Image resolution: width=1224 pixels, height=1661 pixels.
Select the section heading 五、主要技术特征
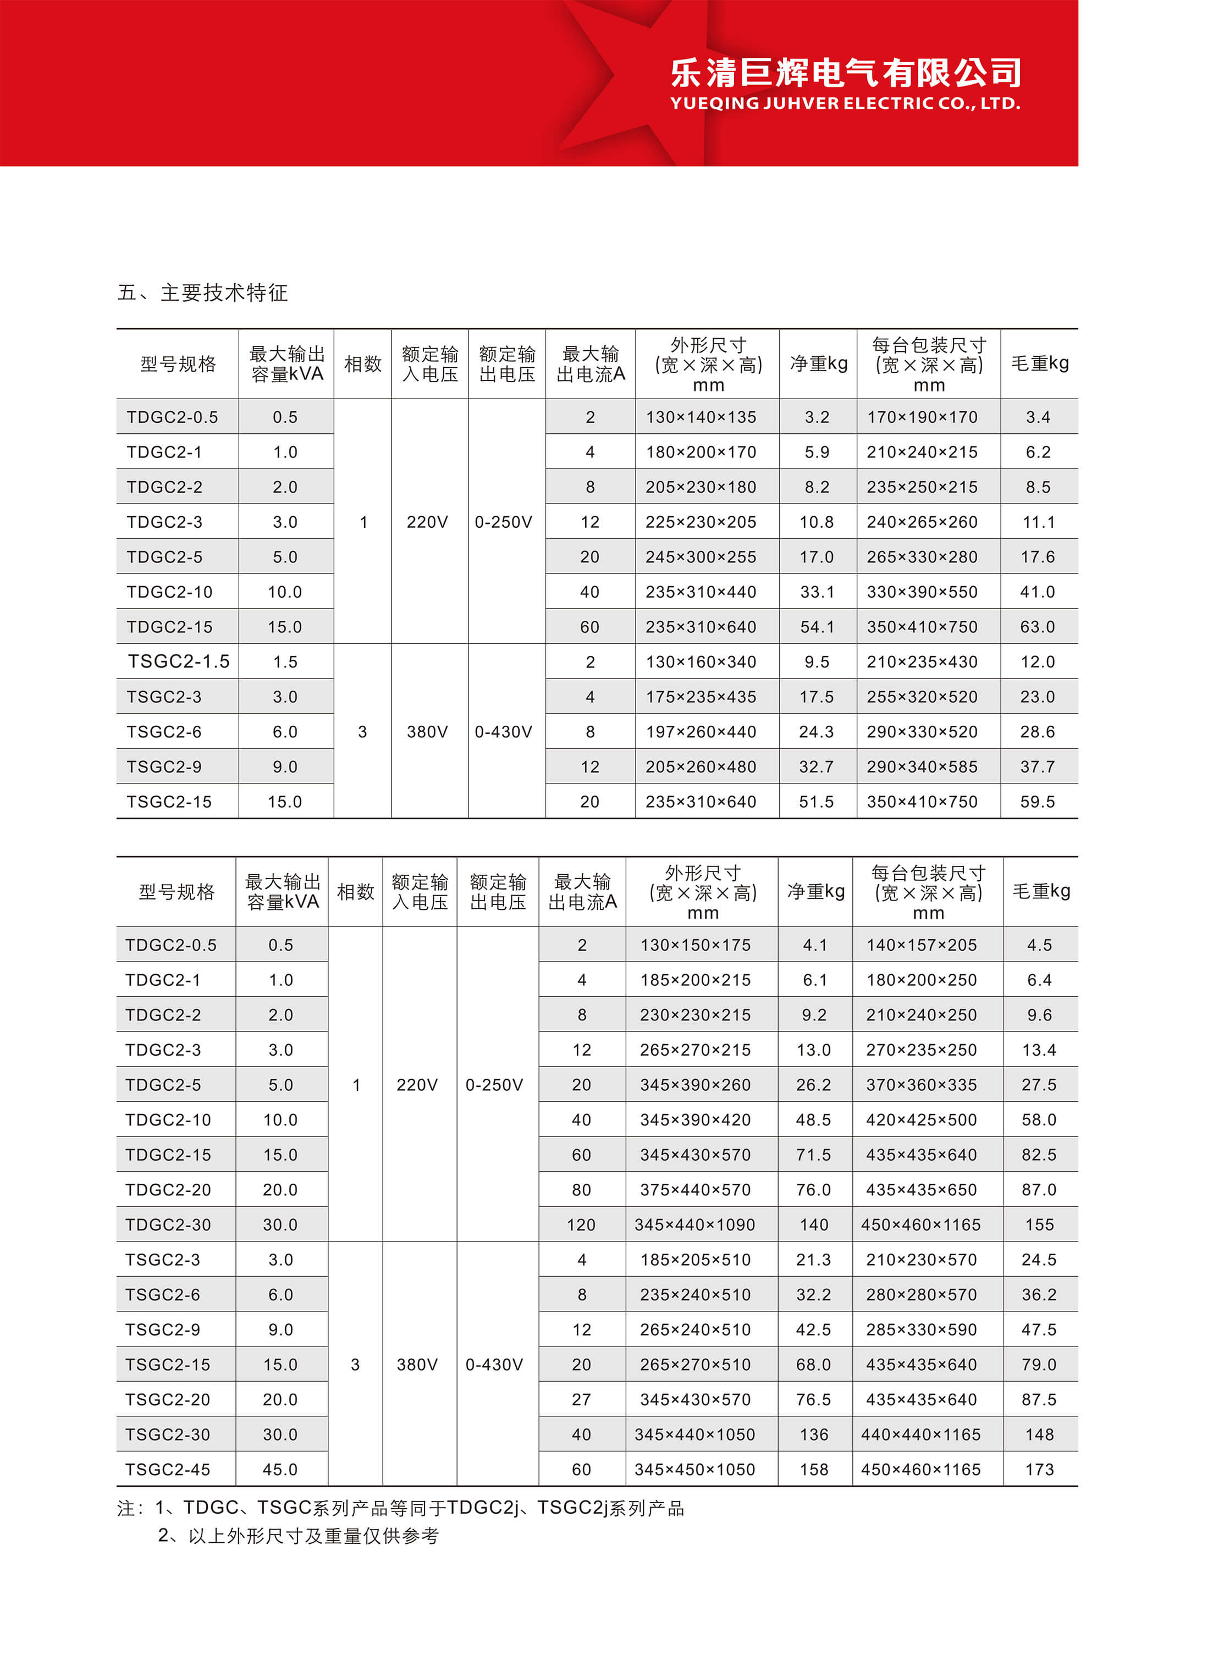202,293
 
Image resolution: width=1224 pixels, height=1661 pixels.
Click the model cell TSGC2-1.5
179,661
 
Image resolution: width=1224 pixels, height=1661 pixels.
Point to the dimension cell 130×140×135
701,417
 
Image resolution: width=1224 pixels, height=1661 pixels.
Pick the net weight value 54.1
817,627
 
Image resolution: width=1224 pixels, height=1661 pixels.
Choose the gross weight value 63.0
1037,627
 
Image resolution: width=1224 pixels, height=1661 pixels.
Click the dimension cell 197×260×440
701,732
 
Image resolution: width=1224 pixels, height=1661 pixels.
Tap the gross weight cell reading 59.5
1037,802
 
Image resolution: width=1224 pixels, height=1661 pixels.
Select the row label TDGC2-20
168,1190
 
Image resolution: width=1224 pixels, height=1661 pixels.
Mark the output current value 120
582,1224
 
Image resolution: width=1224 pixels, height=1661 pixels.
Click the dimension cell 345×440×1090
695,1224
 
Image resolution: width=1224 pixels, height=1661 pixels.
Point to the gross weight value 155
1039,1224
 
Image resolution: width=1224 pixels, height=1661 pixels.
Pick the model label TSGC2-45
168,1469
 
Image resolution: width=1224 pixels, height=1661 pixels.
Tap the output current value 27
582,1399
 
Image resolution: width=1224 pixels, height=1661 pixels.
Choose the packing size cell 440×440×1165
921,1434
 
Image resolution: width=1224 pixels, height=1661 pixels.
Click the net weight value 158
814,1469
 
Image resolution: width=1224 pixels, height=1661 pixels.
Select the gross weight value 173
1039,1469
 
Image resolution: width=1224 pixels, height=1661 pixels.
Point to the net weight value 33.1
817,592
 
